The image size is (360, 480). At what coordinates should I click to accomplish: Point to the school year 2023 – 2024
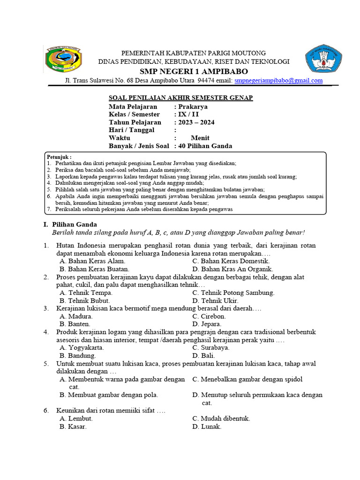[196, 122]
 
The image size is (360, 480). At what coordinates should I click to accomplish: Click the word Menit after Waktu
[200, 138]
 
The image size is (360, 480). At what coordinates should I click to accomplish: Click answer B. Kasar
[73, 427]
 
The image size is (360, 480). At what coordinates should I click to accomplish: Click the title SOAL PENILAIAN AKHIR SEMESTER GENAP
[181, 97]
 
